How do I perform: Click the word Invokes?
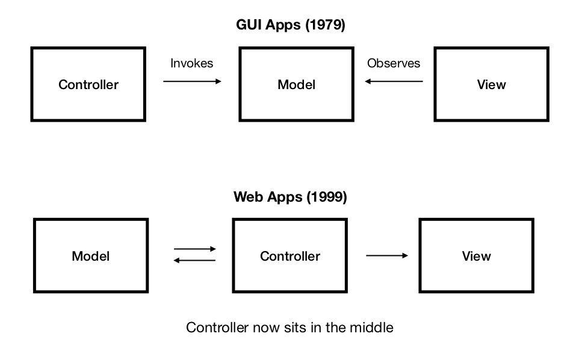point(191,63)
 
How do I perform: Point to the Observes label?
point(394,63)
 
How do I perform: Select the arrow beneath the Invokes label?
point(192,81)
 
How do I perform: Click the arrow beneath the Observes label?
point(394,81)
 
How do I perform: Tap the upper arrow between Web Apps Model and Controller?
point(195,249)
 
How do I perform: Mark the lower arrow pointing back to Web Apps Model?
point(195,260)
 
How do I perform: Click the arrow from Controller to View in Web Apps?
point(387,255)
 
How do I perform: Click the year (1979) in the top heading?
point(325,25)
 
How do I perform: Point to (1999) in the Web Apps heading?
point(327,197)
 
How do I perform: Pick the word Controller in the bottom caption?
point(217,327)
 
